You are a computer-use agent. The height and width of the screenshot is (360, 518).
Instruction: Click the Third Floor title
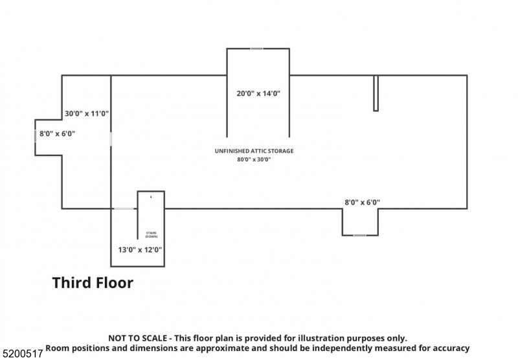tap(93, 283)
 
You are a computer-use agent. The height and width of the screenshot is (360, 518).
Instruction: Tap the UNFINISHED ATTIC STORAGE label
tap(254, 151)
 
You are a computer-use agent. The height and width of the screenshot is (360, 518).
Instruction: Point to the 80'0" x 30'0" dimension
tap(254, 159)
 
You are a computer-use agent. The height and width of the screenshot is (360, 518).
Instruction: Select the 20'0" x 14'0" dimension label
tap(258, 93)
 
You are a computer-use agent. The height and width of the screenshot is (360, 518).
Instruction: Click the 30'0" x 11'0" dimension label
tap(87, 113)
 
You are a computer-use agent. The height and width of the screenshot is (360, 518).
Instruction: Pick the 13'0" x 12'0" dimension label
tap(140, 249)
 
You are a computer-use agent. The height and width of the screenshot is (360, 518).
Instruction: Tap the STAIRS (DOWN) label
tap(151, 234)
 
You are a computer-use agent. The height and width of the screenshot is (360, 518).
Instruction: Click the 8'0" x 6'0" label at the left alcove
tap(58, 133)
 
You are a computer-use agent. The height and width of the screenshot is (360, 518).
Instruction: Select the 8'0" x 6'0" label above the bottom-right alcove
tap(362, 202)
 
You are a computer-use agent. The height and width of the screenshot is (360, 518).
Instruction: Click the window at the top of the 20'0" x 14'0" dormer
tap(257, 49)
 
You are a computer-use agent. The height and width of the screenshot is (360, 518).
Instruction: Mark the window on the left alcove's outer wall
tap(35, 137)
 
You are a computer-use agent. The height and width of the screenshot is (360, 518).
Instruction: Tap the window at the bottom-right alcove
tap(359, 235)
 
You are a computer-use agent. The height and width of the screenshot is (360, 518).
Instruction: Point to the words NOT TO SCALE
tap(137, 338)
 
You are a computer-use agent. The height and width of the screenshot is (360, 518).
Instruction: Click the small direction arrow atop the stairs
tap(151, 196)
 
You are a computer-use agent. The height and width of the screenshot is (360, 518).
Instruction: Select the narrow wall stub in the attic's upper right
tap(376, 93)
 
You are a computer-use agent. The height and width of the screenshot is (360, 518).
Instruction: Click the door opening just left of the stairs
tap(124, 208)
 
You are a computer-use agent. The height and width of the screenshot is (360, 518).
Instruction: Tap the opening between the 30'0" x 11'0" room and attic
tap(111, 139)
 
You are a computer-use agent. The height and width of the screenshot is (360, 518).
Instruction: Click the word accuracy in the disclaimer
tap(447, 348)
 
